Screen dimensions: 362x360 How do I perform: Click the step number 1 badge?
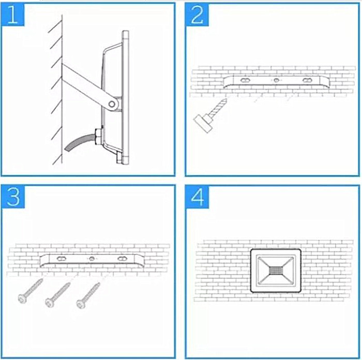pos(13,14)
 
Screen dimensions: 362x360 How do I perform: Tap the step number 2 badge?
pos(198,14)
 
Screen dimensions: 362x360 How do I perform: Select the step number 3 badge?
pos(13,197)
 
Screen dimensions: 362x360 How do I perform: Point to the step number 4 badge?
pos(198,197)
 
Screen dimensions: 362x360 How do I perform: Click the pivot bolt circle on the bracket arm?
pos(112,104)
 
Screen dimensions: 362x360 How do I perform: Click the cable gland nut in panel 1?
pos(98,137)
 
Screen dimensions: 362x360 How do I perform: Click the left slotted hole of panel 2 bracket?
pos(245,80)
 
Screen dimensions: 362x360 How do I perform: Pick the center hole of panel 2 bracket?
pos(276,80)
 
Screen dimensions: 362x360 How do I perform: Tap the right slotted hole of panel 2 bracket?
pos(307,80)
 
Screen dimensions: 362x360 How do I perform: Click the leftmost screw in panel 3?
pos(30,291)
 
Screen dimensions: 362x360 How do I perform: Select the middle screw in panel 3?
pos(58,295)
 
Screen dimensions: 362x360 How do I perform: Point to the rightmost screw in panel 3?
pos(88,295)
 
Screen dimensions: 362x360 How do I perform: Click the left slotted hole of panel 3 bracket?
pos(61,259)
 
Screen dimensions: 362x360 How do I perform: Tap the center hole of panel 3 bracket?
pos(92,259)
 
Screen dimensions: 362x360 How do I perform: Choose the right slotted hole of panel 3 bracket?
pos(122,259)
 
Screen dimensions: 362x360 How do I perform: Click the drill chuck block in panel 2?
pos(203,124)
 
